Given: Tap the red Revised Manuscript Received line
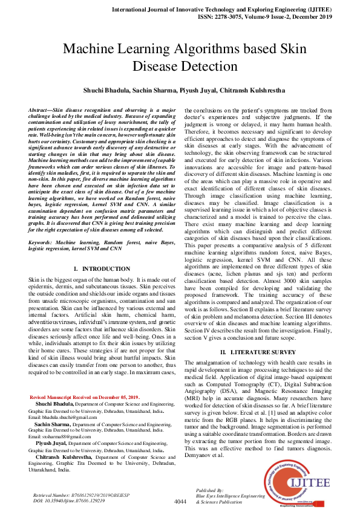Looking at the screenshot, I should click(85, 397).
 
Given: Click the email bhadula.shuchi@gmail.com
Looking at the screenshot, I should click(62, 417).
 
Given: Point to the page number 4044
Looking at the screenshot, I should click(180, 502).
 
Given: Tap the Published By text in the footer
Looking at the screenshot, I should click(210, 490).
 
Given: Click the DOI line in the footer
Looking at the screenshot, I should click(64, 501).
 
